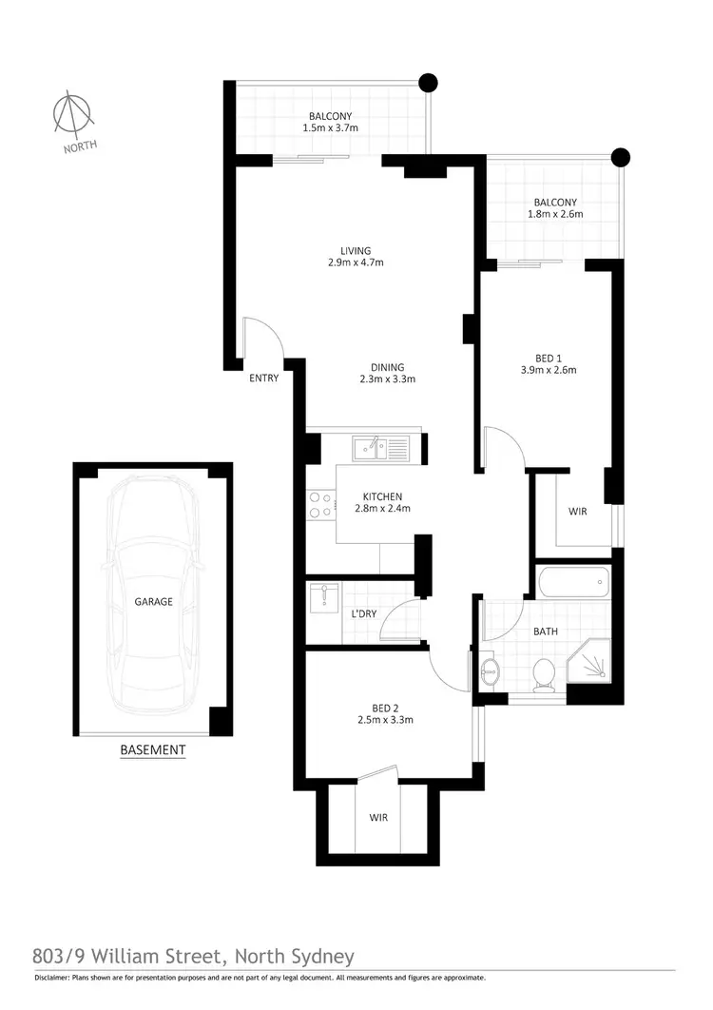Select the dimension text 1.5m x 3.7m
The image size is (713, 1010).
[330, 127]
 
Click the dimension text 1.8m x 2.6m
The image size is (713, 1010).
[554, 214]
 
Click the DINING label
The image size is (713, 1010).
[388, 367]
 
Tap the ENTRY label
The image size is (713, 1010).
[263, 379]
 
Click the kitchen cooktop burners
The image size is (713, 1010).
[320, 503]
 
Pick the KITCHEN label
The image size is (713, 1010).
[383, 496]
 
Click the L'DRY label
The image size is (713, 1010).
[364, 613]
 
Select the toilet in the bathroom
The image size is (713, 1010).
[544, 674]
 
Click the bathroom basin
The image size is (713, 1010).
[490, 670]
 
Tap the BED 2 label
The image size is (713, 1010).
[385, 707]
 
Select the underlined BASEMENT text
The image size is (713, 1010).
[153, 749]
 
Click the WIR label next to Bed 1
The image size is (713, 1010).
[577, 511]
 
